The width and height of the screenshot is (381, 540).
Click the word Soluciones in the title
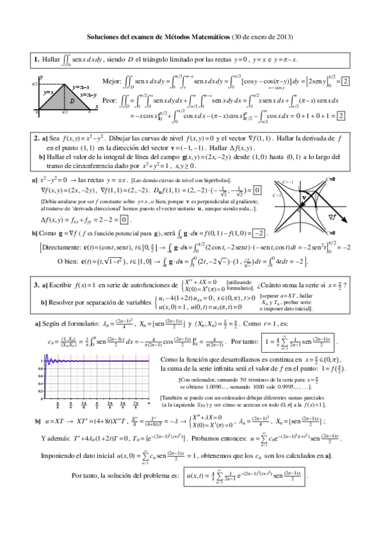(102, 37)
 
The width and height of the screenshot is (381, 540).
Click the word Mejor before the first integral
(111, 82)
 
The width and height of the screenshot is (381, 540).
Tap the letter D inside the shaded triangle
(71, 100)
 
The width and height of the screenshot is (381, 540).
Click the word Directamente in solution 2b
(56, 246)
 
